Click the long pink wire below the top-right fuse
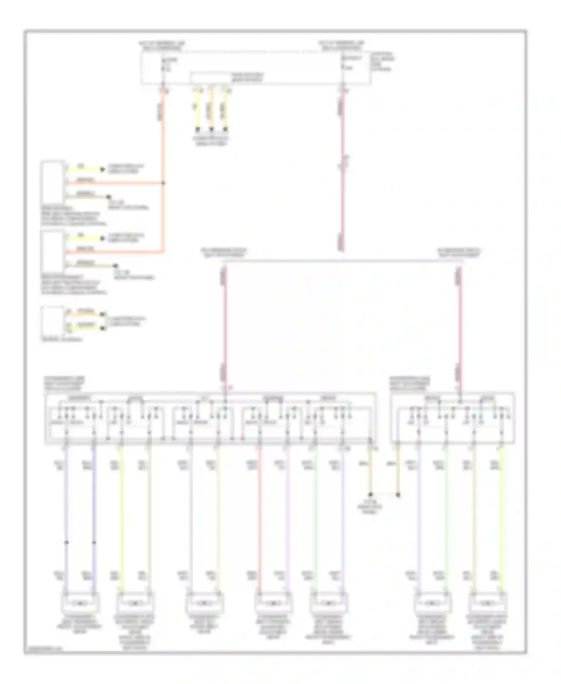[x=342, y=168]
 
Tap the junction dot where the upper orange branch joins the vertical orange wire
[x=163, y=183]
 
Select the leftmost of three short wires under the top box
[x=197, y=110]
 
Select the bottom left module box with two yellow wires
[x=53, y=321]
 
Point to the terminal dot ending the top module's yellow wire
[x=102, y=170]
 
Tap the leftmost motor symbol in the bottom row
[x=80, y=603]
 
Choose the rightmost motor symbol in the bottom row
[x=487, y=603]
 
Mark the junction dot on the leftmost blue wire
[x=67, y=542]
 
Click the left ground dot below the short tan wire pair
[x=370, y=495]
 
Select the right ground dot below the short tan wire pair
[x=398, y=495]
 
